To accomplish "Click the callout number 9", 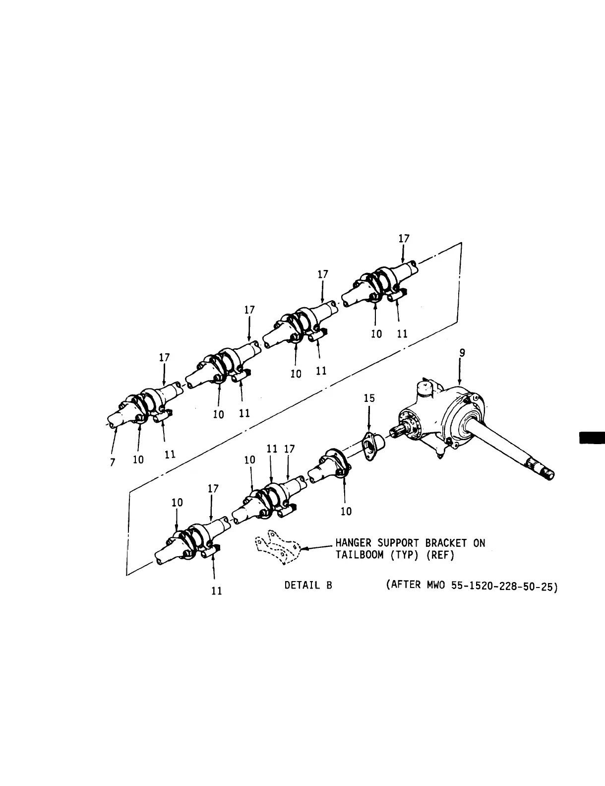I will tap(462, 353).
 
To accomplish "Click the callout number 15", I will tap(369, 398).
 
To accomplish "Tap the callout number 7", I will tap(113, 462).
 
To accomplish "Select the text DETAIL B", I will tap(308, 585).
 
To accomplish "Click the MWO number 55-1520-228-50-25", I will tap(504, 586).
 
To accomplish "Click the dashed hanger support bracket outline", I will tap(276, 548).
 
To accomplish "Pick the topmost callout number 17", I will tap(404, 239).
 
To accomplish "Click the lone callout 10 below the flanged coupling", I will tap(346, 511).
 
